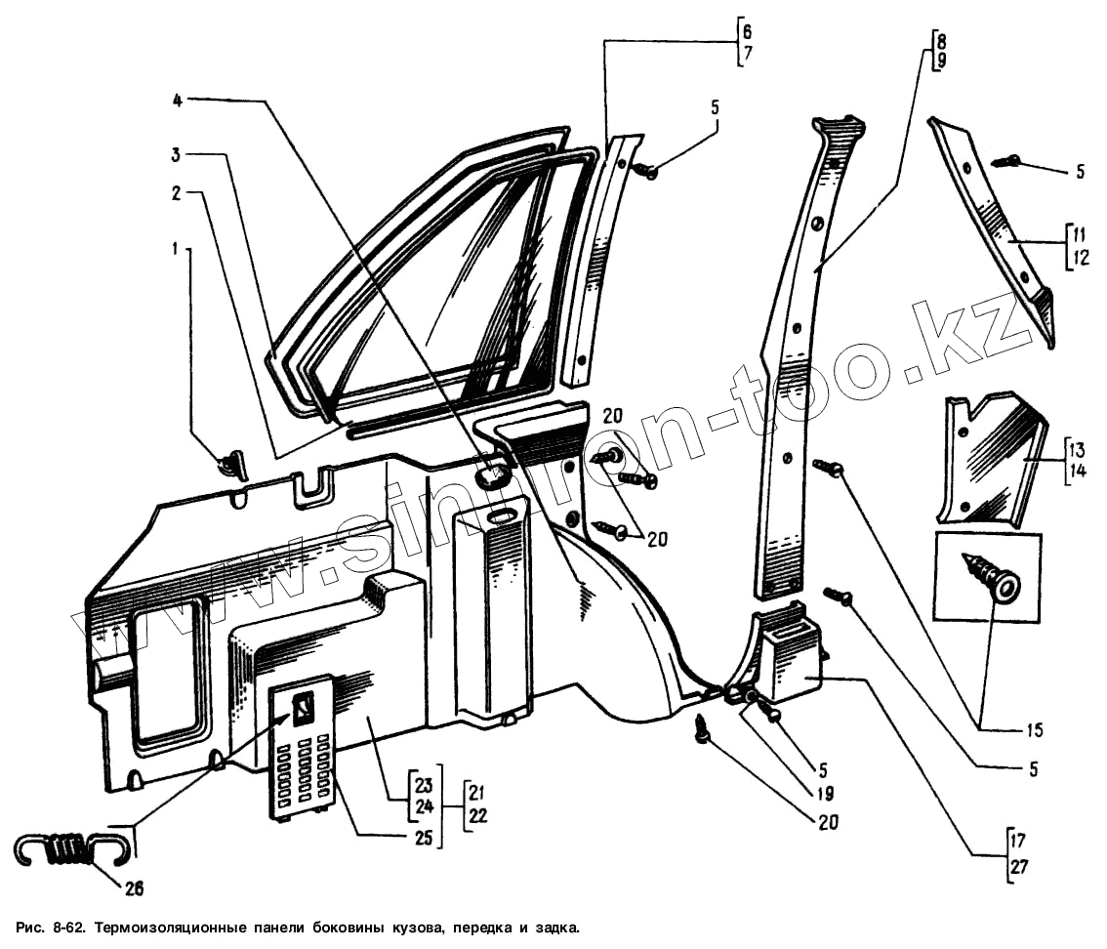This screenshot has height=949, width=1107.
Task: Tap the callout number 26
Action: [134, 888]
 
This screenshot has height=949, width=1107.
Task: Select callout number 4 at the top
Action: [178, 101]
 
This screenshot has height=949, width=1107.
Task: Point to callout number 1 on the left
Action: [176, 250]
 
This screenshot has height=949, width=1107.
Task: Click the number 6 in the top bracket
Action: [747, 33]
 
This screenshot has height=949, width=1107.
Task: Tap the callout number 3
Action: [176, 155]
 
